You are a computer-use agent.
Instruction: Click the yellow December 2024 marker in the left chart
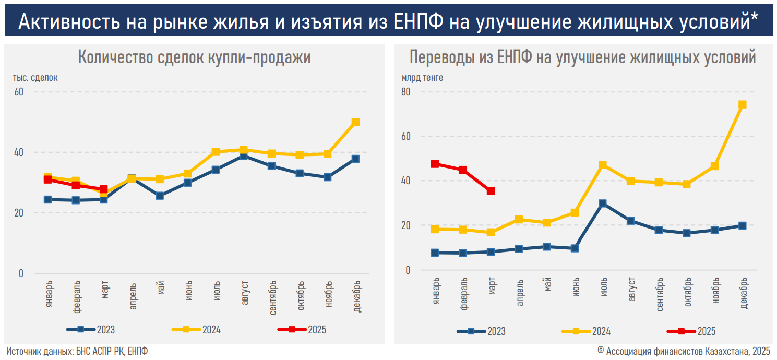(x=355, y=122)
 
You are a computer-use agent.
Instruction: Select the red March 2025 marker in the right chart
(x=491, y=191)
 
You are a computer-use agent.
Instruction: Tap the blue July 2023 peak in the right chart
(x=603, y=203)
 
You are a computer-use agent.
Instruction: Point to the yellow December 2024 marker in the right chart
(x=743, y=104)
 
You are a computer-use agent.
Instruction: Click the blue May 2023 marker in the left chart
(x=160, y=196)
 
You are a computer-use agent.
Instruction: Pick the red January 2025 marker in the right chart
(x=435, y=164)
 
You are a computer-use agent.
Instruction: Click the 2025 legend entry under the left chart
(x=302, y=329)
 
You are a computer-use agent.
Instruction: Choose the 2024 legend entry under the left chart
(x=196, y=329)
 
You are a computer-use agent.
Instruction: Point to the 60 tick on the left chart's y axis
(x=19, y=92)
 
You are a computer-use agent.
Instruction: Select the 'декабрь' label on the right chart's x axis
(x=743, y=296)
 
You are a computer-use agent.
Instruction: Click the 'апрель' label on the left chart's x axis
(x=132, y=296)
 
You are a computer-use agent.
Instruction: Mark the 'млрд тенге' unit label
(x=422, y=78)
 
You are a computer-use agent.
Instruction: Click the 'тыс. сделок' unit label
(x=35, y=78)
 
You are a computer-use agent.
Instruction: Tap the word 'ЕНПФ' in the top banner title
(x=417, y=20)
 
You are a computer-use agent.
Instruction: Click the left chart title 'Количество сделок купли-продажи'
(x=194, y=57)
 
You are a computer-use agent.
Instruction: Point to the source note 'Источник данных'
(x=39, y=351)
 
